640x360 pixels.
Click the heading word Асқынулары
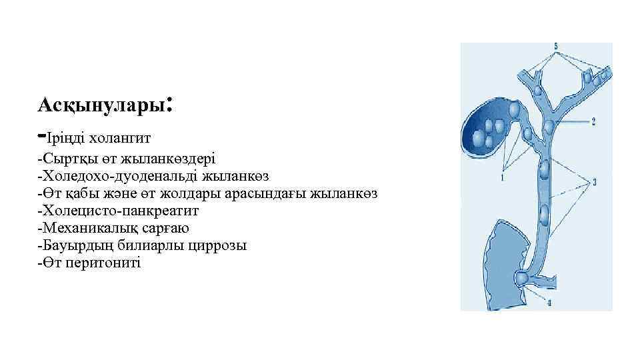click(101, 105)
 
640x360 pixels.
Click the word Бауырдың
click(71, 245)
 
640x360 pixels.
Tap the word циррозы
click(220, 245)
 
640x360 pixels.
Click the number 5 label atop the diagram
click(556, 47)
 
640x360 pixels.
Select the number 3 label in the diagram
click(593, 181)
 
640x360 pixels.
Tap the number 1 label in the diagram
click(501, 179)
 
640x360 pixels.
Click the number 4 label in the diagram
click(549, 304)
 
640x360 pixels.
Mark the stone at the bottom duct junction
click(523, 277)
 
